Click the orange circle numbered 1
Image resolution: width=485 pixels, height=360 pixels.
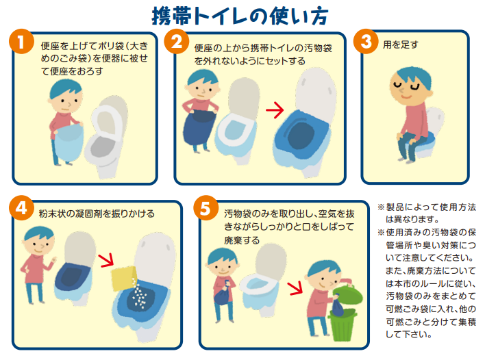(21, 42)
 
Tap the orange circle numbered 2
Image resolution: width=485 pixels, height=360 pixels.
(177, 42)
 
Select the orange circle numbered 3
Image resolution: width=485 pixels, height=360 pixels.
(366, 42)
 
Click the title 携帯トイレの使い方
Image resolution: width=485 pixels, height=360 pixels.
(240, 16)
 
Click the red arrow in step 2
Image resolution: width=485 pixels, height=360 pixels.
(275, 110)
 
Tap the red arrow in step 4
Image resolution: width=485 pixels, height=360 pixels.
(106, 260)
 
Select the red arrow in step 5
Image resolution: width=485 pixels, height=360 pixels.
(295, 287)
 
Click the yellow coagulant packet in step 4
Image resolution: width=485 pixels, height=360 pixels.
(125, 278)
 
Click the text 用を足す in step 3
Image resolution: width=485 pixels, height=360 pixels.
(400, 44)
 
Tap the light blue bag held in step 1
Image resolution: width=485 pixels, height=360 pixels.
(69, 142)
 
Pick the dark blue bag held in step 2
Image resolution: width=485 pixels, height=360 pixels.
(200, 127)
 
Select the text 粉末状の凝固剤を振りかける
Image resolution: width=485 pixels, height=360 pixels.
(97, 214)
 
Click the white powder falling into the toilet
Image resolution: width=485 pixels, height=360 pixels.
(138, 294)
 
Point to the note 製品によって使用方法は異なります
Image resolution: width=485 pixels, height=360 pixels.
(427, 214)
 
